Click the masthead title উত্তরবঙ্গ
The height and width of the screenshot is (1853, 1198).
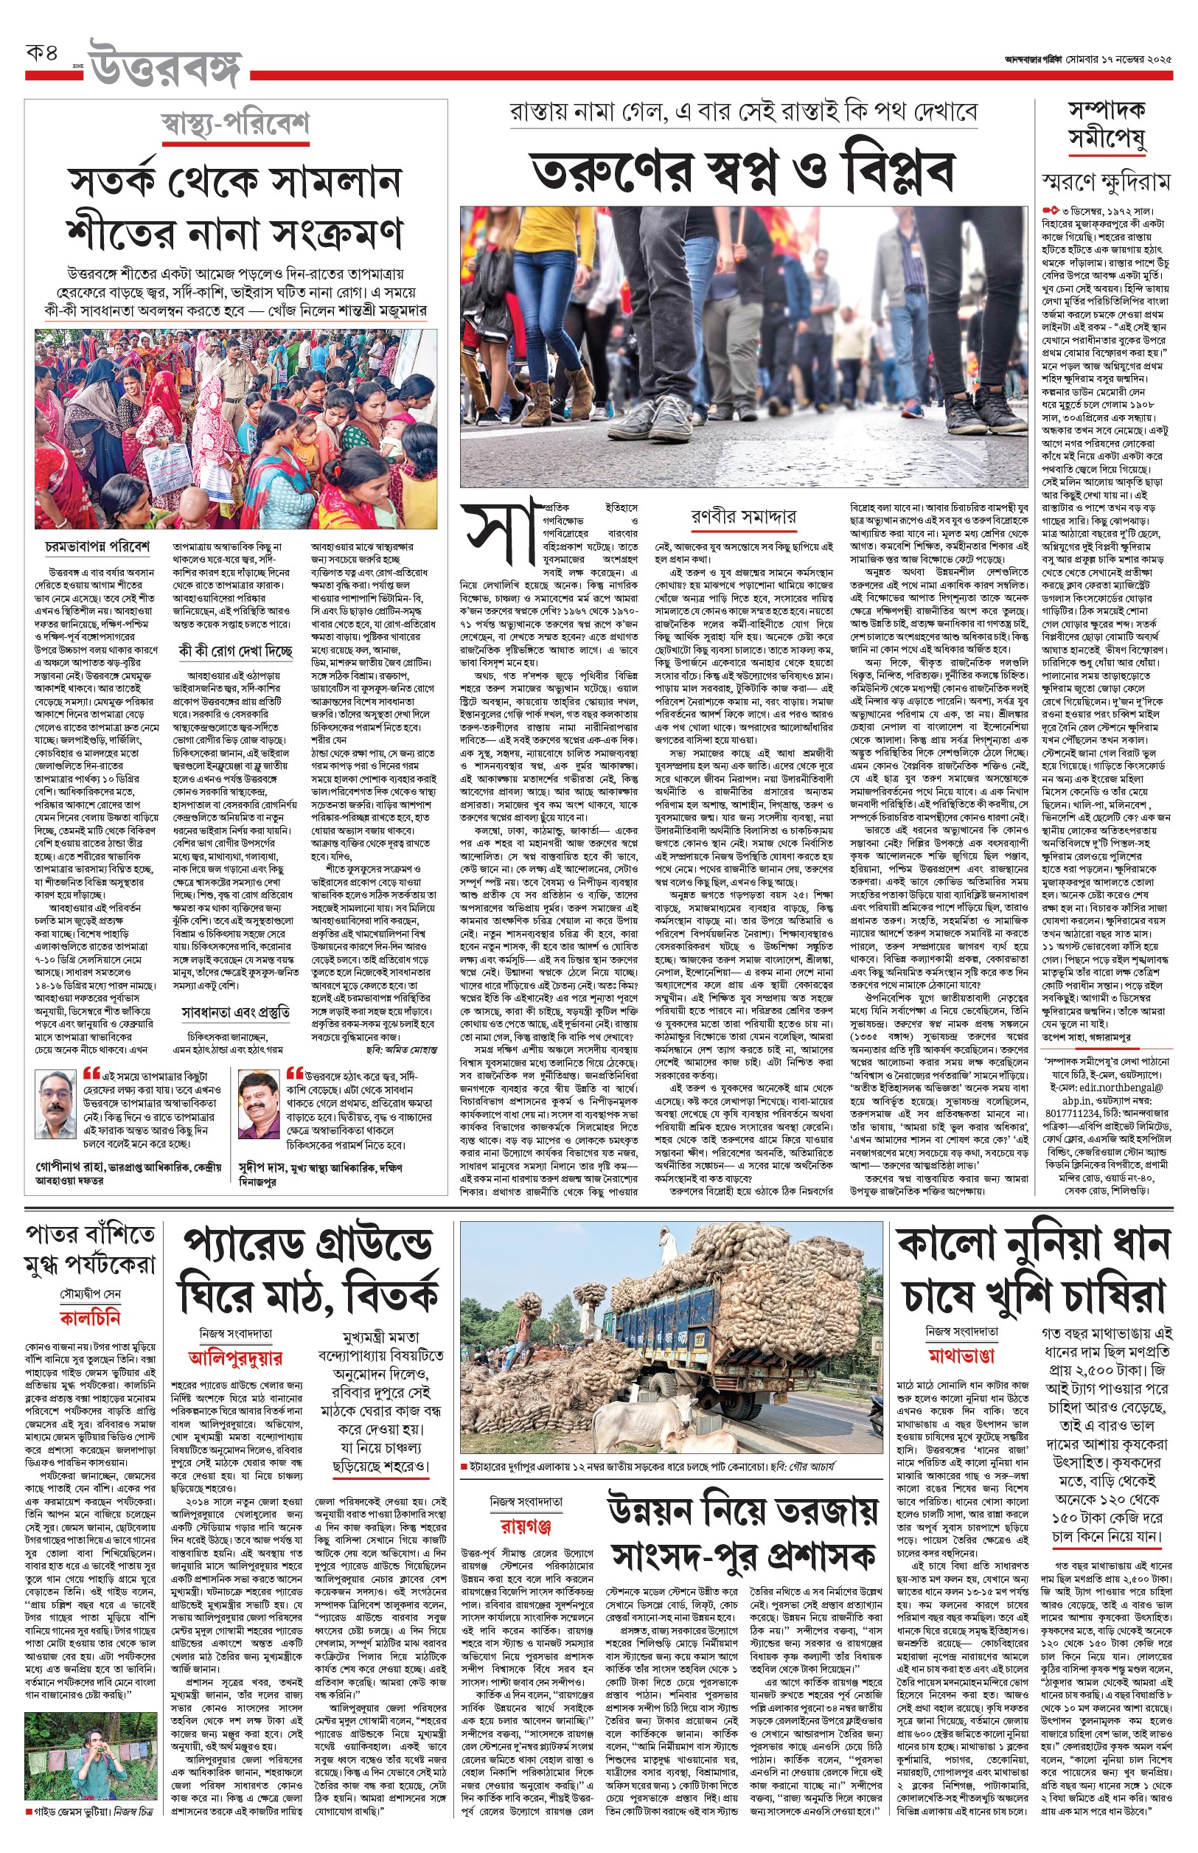click(x=165, y=65)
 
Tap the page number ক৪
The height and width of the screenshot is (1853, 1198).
click(x=42, y=53)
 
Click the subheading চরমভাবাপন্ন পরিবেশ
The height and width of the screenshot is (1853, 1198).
click(x=97, y=547)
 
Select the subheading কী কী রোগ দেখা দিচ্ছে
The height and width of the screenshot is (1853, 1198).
click(x=235, y=650)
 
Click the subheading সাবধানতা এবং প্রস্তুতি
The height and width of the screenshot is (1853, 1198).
click(x=235, y=1012)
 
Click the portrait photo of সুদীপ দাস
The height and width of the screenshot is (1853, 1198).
click(x=258, y=1105)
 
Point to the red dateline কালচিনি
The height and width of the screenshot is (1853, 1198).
click(x=90, y=1318)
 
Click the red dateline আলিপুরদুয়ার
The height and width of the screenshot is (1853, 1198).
click(x=235, y=1358)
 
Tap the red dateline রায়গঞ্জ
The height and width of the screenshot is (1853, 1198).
click(x=526, y=1526)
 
